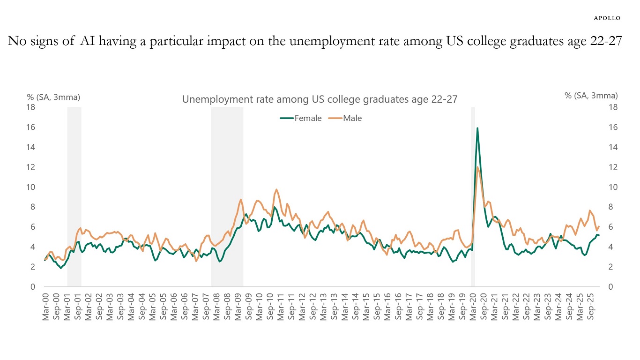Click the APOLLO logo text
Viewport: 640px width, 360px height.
point(607,18)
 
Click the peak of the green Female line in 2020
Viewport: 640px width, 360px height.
point(477,128)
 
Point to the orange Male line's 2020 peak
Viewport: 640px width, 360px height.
point(477,167)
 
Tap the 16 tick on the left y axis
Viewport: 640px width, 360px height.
point(31,127)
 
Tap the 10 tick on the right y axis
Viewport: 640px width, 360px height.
point(613,187)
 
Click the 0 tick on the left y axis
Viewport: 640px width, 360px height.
point(33,287)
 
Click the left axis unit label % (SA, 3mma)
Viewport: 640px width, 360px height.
point(53,97)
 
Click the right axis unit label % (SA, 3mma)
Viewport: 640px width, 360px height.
point(591,96)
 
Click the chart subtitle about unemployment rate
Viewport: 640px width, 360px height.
point(320,99)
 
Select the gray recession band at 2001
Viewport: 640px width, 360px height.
point(74,197)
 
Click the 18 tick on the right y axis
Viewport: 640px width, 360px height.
point(613,107)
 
